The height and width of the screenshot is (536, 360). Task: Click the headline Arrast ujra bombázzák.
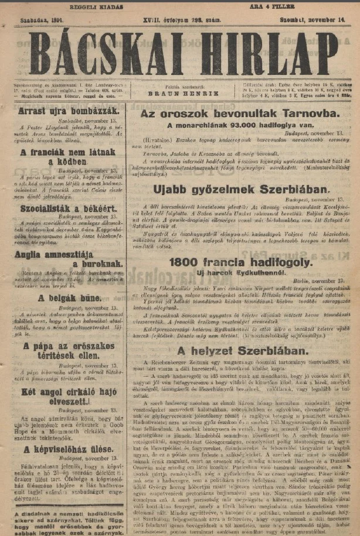click(69, 110)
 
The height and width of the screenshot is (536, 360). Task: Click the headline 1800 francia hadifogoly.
click(240, 262)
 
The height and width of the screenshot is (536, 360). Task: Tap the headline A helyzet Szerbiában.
click(240, 350)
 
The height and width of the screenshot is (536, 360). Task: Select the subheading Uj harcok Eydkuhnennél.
click(240, 274)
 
